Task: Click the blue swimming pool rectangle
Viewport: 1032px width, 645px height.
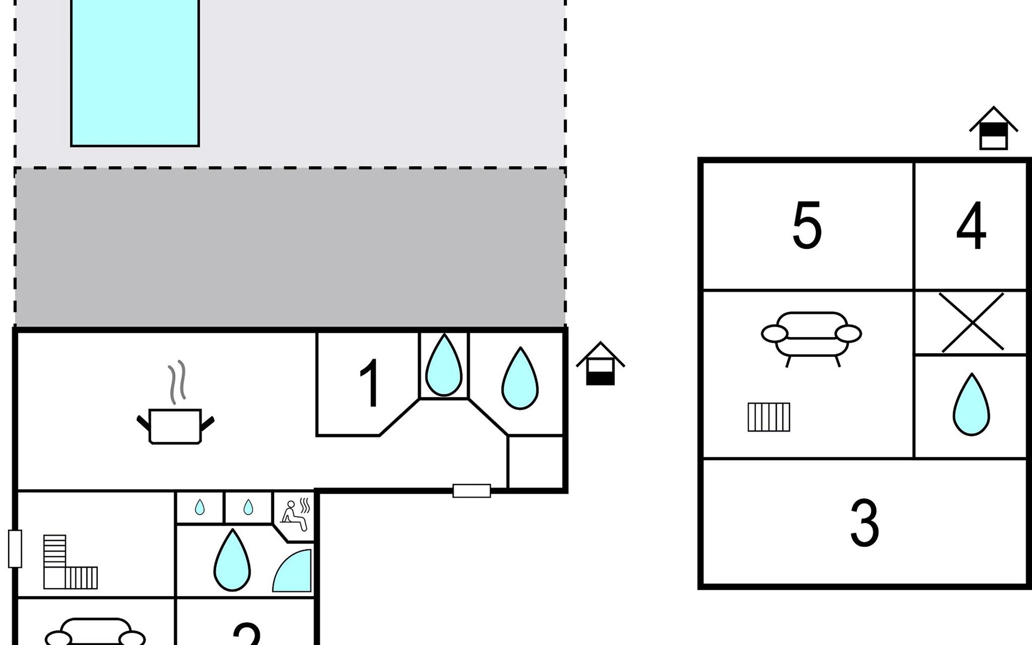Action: pyautogui.click(x=135, y=73)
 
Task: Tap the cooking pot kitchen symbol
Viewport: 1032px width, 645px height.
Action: pyautogui.click(x=175, y=425)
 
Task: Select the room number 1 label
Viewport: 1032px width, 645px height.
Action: pyautogui.click(x=370, y=383)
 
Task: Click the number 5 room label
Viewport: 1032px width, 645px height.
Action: pyautogui.click(x=807, y=226)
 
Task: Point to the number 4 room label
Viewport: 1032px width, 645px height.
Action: pyautogui.click(x=971, y=226)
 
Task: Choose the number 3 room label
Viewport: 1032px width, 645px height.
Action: pyautogui.click(x=864, y=523)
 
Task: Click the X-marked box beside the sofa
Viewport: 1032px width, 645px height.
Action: pyautogui.click(x=972, y=322)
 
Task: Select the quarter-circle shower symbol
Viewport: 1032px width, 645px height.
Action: pyautogui.click(x=293, y=572)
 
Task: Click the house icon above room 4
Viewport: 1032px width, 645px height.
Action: pyautogui.click(x=993, y=129)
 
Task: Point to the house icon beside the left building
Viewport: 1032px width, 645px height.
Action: pyautogui.click(x=600, y=364)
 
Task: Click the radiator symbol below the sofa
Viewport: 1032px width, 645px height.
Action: pyautogui.click(x=769, y=417)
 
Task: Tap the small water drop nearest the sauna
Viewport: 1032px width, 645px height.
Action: pyautogui.click(x=248, y=507)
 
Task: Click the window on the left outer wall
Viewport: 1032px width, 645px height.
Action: pyautogui.click(x=15, y=549)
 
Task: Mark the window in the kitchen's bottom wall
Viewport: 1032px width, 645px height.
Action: pyautogui.click(x=471, y=491)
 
